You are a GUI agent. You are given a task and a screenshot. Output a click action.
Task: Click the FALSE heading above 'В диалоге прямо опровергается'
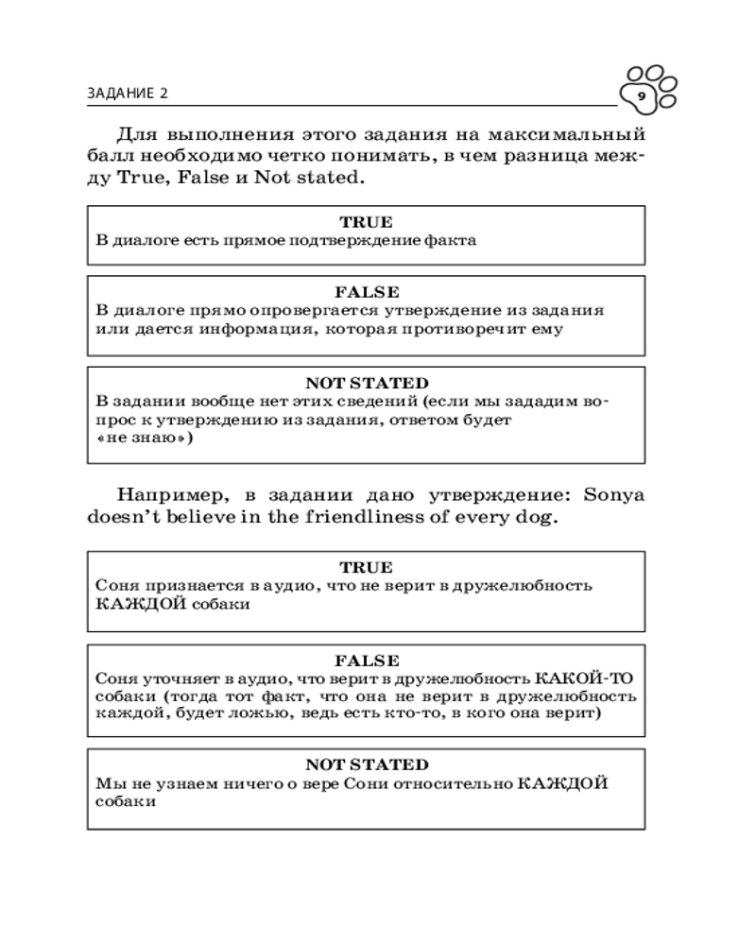tap(367, 292)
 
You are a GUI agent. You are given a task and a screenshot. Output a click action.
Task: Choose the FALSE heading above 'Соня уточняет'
tap(367, 660)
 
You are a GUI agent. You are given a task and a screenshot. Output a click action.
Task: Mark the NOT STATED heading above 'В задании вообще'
tap(367, 384)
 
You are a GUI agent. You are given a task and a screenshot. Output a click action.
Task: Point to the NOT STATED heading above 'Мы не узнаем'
tap(367, 765)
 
